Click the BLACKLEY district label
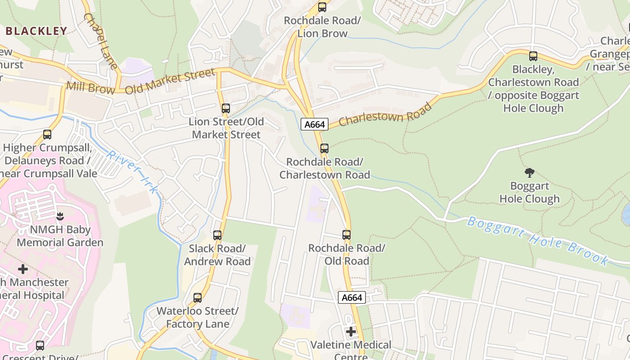(36, 31)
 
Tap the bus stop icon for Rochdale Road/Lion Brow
(322, 7)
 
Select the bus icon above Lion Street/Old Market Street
(226, 108)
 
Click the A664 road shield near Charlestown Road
(314, 124)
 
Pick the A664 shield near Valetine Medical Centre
(351, 297)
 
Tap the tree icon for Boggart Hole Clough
(530, 173)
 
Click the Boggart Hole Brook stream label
(538, 241)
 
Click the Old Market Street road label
(170, 81)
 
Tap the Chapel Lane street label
(100, 41)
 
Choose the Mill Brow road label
(90, 87)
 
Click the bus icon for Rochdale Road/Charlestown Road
(324, 148)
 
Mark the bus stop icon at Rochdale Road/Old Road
(346, 235)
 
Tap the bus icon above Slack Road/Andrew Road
(217, 235)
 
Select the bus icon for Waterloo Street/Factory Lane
(198, 298)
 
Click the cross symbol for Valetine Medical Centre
(351, 332)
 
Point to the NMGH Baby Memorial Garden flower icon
(60, 216)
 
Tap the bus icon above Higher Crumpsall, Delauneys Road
(47, 134)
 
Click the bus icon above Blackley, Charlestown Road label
(533, 56)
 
